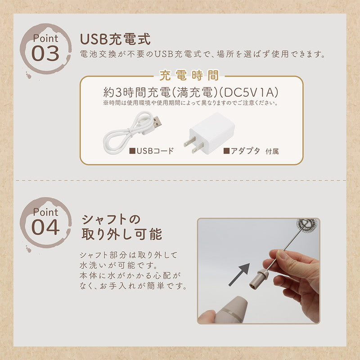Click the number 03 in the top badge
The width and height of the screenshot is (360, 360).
point(45,53)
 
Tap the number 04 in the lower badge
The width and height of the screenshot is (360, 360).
point(45,227)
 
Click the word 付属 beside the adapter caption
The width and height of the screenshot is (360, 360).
point(272,152)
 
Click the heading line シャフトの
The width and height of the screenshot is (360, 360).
point(111,220)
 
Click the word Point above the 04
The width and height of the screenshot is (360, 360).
point(45,212)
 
